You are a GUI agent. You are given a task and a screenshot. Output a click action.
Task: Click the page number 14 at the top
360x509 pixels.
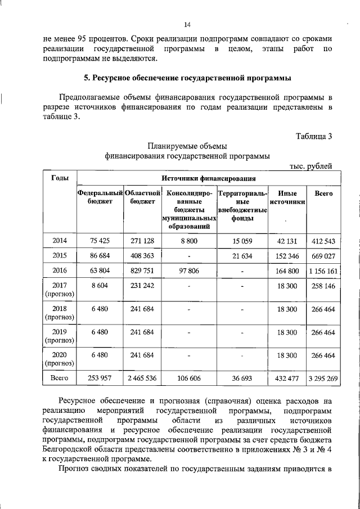click(x=188, y=25)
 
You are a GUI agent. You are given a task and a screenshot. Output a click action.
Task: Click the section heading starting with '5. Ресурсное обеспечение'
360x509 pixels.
click(x=187, y=78)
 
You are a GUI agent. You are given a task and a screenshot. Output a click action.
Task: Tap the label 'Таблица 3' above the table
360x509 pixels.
click(x=313, y=136)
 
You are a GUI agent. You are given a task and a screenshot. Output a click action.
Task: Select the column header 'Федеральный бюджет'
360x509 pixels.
click(x=100, y=198)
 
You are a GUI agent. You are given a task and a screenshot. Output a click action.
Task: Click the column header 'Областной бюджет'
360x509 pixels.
click(x=142, y=198)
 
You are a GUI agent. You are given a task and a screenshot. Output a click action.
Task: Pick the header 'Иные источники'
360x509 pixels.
click(x=287, y=198)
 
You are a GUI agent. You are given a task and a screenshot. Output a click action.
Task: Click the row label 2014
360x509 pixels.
click(x=60, y=241)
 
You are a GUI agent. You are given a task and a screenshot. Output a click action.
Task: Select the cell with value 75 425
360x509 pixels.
click(x=100, y=241)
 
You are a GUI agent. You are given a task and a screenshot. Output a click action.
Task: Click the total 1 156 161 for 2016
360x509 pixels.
click(x=323, y=271)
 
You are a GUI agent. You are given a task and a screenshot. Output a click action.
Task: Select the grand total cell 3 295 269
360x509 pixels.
click(x=323, y=379)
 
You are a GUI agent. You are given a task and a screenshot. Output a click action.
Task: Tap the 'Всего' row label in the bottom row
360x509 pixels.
click(x=60, y=379)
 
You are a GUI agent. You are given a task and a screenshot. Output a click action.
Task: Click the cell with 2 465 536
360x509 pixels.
click(x=142, y=379)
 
